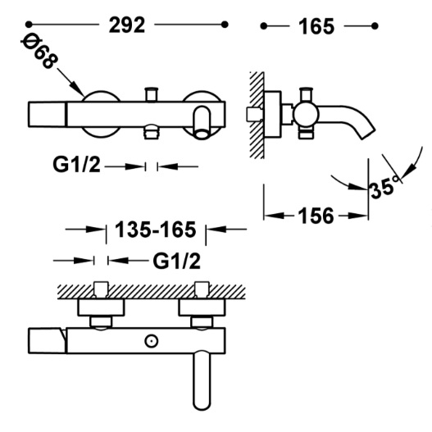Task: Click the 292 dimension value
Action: pos(127,25)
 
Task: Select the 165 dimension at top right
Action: pos(316,26)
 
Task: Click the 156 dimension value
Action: pos(316,216)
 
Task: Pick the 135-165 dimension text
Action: pos(156,230)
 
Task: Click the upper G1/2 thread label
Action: pos(76,165)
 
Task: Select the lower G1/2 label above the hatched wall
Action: pos(176,261)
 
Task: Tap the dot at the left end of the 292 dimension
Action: pos(29,25)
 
